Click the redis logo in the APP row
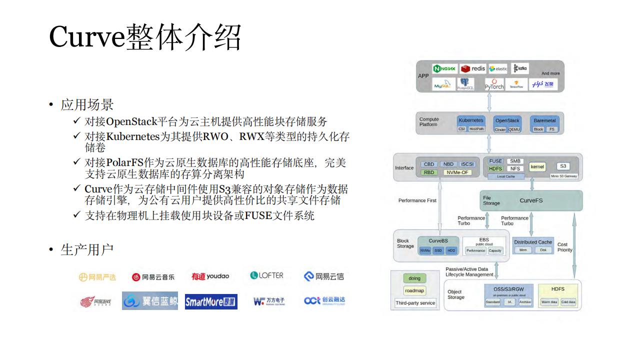pos(472,68)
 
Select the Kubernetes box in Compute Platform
pos(471,120)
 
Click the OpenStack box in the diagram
pos(507,120)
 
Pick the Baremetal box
pos(544,120)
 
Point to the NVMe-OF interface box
pos(457,172)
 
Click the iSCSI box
pos(466,164)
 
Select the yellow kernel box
pos(537,167)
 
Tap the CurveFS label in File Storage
pos(531,200)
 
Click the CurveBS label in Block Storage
pos(438,241)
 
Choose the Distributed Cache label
pos(533,242)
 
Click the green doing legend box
pos(414,278)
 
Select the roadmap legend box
pos(414,290)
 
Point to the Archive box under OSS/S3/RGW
pos(525,302)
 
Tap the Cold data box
pos(568,302)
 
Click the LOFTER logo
pos(266,275)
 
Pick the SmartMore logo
pos(211,301)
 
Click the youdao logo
pos(210,276)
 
